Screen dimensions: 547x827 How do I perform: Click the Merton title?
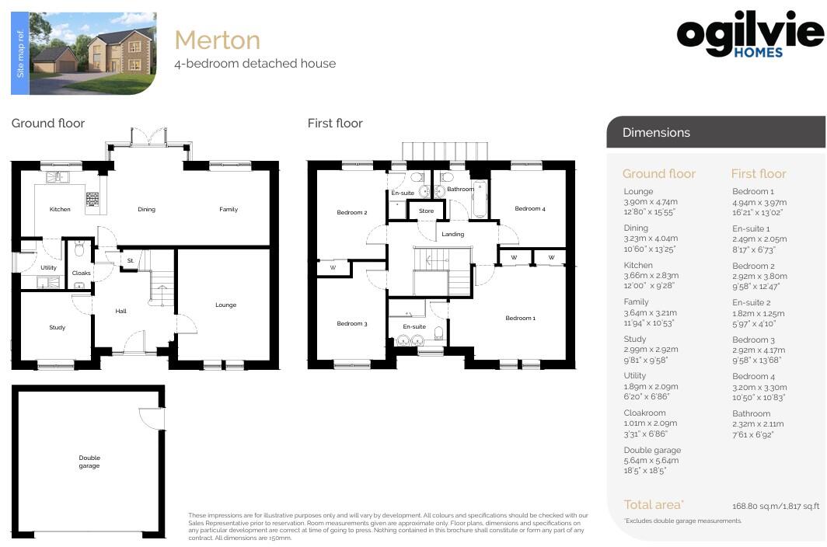[x=217, y=40]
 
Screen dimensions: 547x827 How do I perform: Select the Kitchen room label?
[x=60, y=209]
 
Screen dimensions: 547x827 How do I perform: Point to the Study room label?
[x=57, y=328]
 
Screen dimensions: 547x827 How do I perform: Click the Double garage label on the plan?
[x=89, y=462]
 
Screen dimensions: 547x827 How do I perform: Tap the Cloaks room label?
[x=81, y=273]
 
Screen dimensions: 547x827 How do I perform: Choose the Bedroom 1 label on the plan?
[x=520, y=318]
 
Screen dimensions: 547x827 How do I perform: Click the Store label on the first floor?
[x=426, y=211]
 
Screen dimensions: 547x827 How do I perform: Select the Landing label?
[x=452, y=234]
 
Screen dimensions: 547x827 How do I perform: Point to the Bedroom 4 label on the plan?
[x=530, y=208]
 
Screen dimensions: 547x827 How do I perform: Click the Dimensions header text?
[x=656, y=133]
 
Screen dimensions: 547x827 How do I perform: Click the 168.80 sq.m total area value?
[x=776, y=506]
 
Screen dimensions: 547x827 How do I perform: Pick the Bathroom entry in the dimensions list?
[x=751, y=413]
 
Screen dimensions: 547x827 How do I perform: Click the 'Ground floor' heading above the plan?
[x=48, y=123]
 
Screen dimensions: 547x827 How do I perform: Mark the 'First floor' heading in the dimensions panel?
[x=759, y=174]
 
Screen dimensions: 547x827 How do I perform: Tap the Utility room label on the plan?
[x=48, y=267]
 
